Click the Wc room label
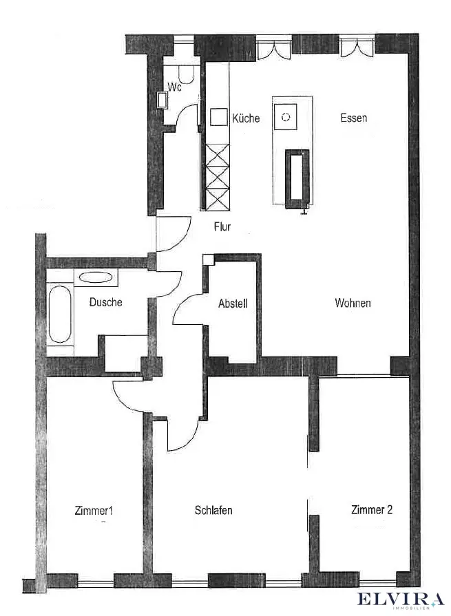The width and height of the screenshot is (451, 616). [174, 87]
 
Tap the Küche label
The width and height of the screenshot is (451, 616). [246, 118]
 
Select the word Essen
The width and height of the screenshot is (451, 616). [353, 118]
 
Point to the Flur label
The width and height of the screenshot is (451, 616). [222, 227]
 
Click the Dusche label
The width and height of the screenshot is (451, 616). [106, 301]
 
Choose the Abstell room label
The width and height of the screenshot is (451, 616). [232, 303]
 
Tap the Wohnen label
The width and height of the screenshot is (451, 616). [353, 303]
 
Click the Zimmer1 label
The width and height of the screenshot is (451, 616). [93, 511]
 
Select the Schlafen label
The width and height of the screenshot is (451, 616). [213, 511]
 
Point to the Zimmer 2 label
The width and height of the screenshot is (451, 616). [372, 510]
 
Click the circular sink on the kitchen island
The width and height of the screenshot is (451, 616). [286, 117]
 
